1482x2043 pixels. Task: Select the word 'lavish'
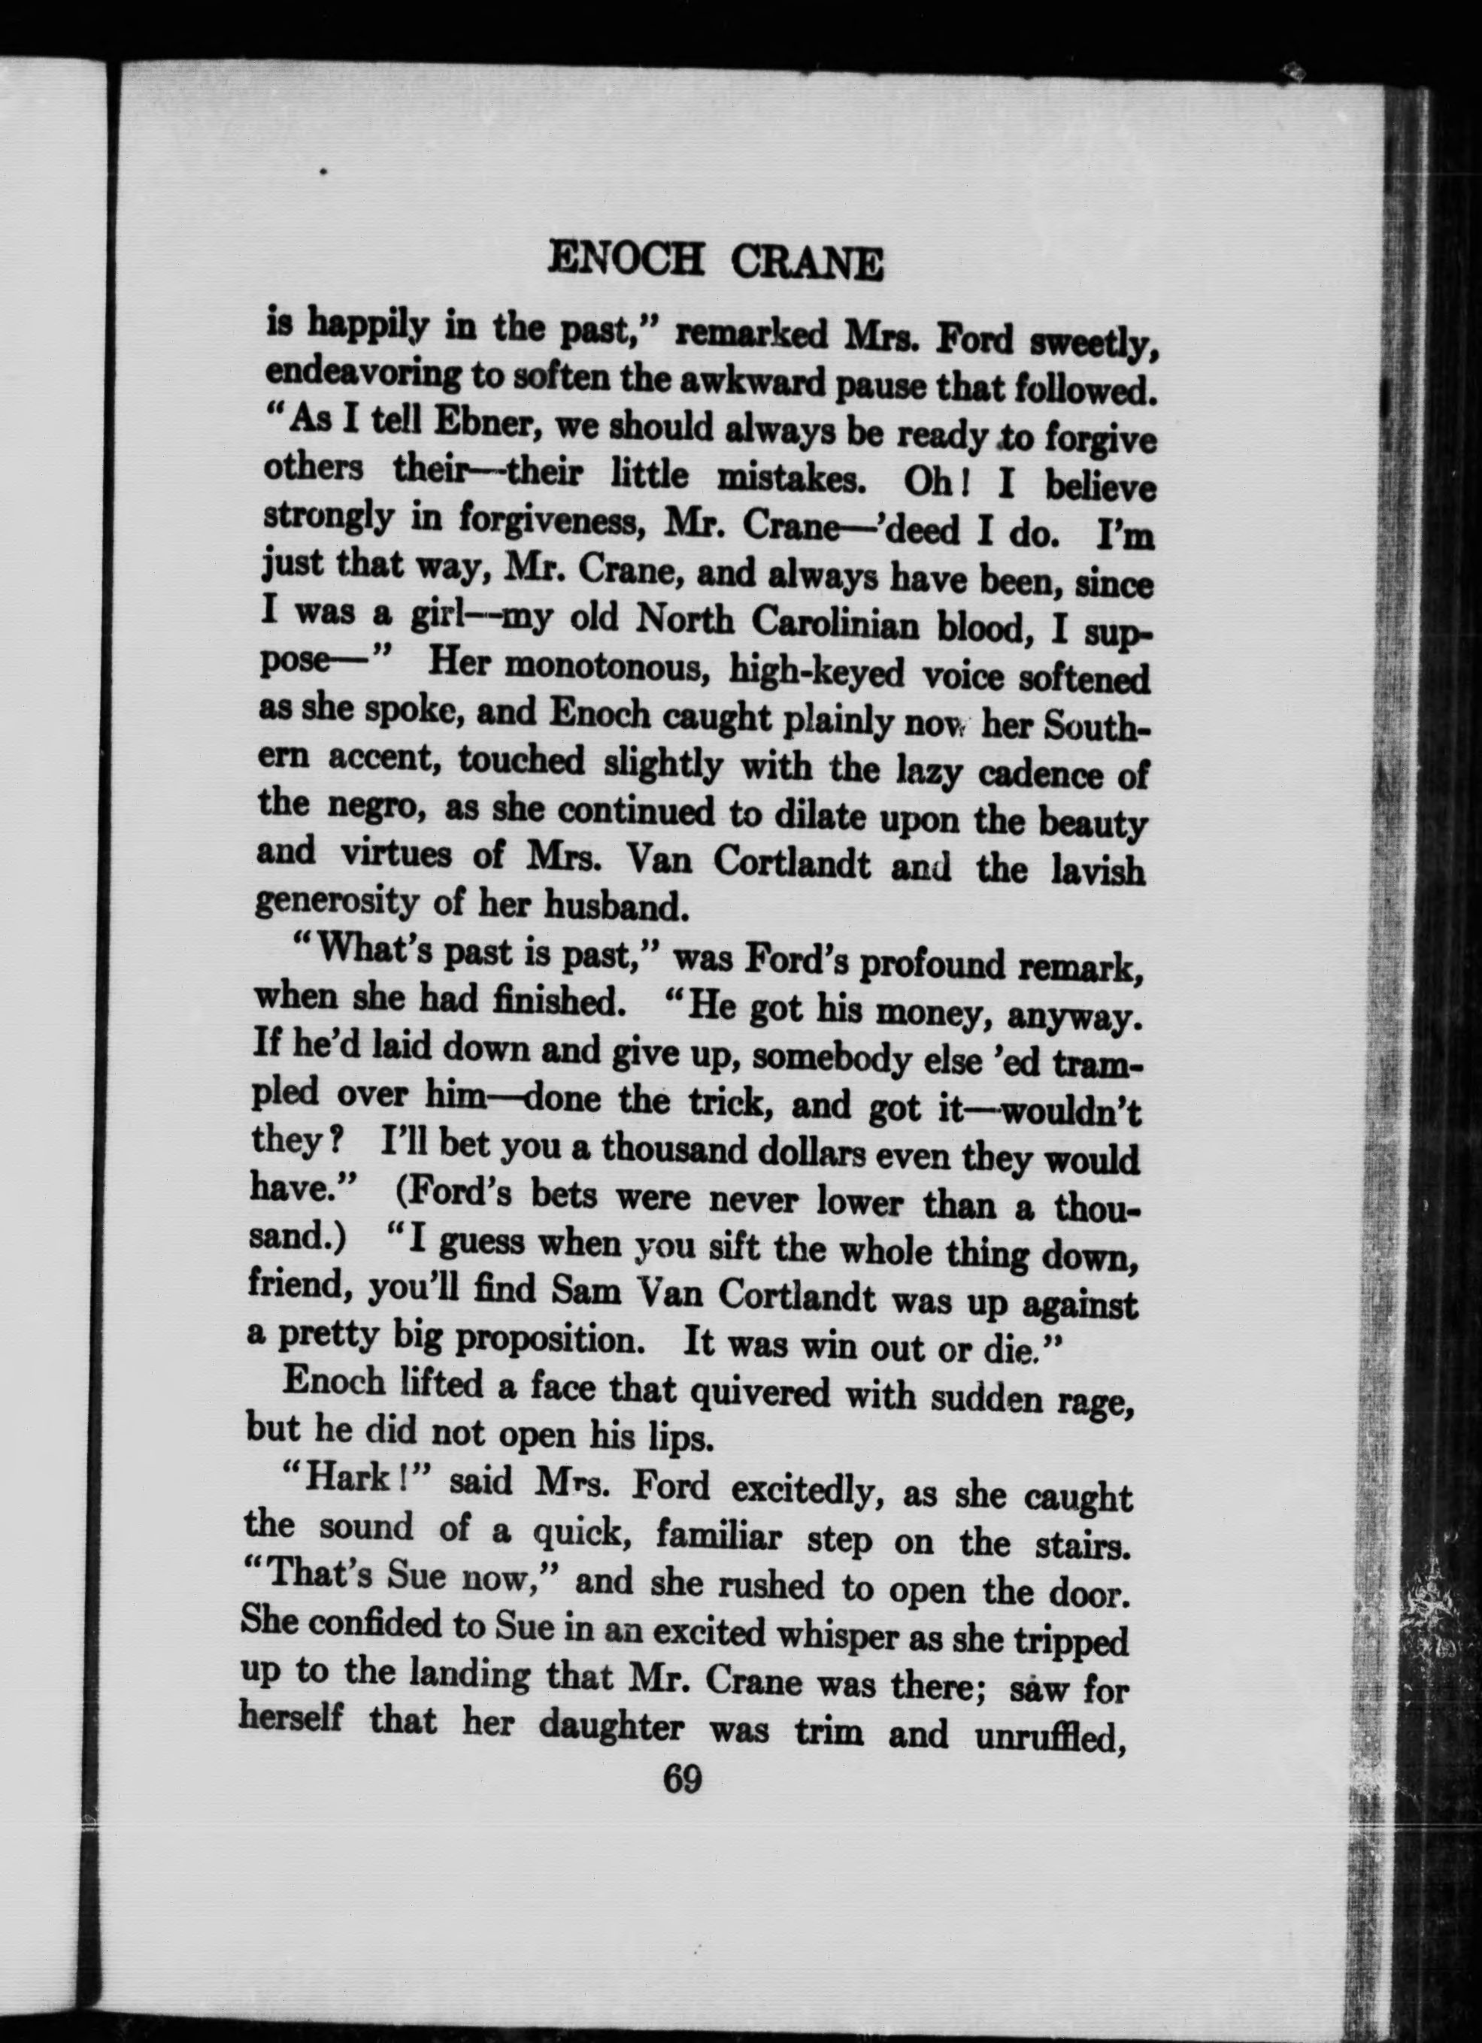(x=1099, y=871)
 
